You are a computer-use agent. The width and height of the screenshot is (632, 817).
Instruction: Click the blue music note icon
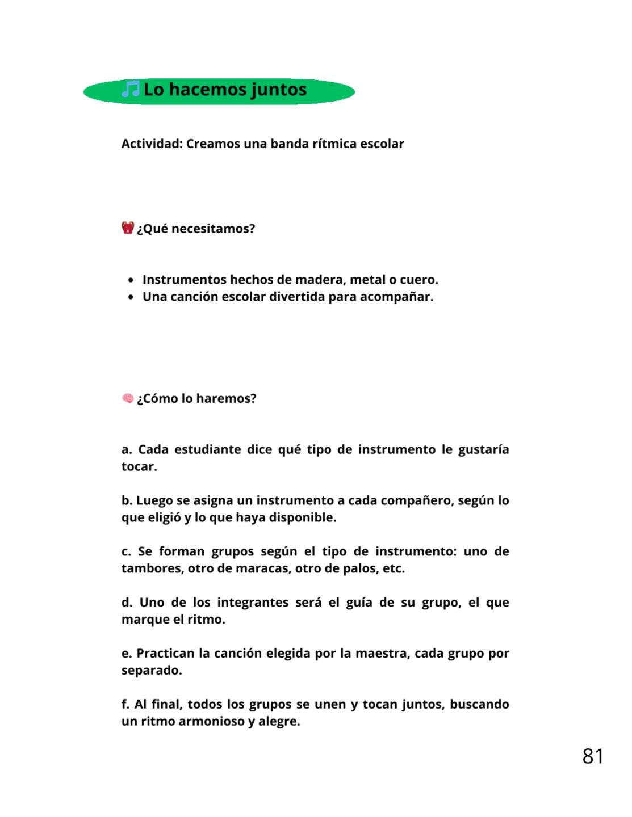click(131, 89)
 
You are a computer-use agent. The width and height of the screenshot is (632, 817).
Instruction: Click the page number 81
click(592, 756)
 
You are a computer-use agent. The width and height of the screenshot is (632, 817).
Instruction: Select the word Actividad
click(152, 144)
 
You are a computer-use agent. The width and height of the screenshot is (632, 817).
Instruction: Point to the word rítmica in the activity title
click(334, 144)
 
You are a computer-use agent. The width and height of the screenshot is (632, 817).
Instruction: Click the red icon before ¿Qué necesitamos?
click(128, 228)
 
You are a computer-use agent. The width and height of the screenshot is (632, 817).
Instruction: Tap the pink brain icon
click(128, 398)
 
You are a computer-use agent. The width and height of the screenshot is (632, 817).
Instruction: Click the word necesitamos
click(213, 229)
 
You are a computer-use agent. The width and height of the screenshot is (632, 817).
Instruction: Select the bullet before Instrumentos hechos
click(131, 280)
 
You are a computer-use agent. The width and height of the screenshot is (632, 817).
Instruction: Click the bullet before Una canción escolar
click(131, 297)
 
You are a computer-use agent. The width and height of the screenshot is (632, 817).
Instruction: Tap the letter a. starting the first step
click(127, 450)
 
